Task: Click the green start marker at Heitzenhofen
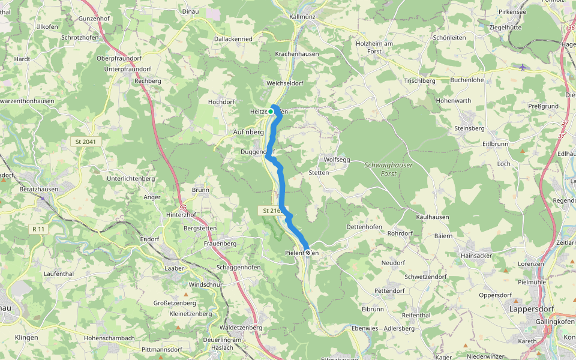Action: click(x=271, y=112)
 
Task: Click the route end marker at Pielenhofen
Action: click(x=308, y=253)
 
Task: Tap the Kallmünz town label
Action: click(x=302, y=17)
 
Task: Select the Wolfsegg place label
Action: click(x=337, y=160)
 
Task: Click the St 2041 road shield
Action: click(x=86, y=142)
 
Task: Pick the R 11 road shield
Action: click(x=39, y=229)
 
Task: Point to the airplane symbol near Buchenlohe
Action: click(x=522, y=67)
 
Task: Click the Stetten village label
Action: click(x=319, y=173)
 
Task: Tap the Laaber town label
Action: click(x=174, y=268)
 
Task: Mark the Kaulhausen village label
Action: click(x=433, y=217)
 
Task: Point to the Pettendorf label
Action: click(x=389, y=290)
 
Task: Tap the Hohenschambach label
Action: click(x=109, y=338)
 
